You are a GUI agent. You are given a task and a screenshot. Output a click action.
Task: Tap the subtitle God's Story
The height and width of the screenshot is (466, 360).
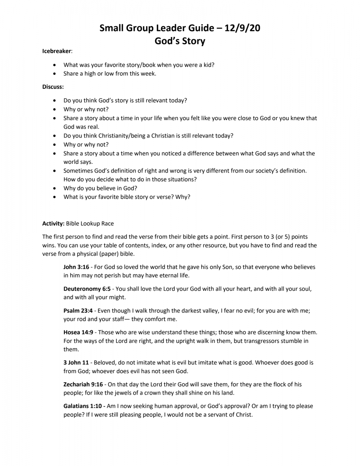(180, 41)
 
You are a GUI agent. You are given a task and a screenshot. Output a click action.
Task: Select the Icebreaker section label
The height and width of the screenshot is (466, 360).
(56, 51)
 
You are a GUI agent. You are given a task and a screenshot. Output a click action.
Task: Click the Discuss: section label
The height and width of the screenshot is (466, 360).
(53, 87)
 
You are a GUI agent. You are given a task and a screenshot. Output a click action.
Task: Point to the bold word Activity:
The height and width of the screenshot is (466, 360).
(53, 223)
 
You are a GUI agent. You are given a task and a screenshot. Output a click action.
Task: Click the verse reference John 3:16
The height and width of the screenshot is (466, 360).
(76, 267)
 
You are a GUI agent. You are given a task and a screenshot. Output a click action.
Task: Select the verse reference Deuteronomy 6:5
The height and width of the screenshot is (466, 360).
(87, 289)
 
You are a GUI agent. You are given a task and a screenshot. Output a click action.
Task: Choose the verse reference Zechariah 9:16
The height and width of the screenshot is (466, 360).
(83, 384)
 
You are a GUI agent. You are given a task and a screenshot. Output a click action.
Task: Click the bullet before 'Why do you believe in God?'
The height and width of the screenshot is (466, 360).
(55, 188)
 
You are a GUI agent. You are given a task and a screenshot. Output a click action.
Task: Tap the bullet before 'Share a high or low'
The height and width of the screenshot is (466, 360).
(55, 74)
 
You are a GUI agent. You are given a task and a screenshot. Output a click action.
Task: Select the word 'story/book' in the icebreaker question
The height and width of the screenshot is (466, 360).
(137, 65)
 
